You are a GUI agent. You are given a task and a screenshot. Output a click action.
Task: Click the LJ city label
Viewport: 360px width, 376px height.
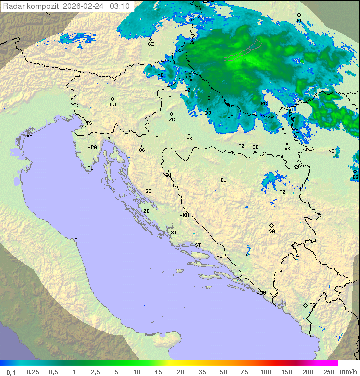click(x=113, y=104)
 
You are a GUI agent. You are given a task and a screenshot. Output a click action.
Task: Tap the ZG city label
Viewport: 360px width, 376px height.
click(x=172, y=120)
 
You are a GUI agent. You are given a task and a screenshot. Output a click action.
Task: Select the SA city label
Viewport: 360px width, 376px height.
click(x=272, y=231)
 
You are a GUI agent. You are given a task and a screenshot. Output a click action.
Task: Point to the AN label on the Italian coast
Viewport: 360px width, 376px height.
click(x=77, y=240)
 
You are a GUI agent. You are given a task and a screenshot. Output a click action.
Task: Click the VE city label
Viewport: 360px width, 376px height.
click(x=29, y=136)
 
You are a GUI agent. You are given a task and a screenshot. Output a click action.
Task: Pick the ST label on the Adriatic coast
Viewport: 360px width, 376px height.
click(x=198, y=245)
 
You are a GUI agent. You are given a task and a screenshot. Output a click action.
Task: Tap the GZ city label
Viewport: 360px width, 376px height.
click(x=151, y=44)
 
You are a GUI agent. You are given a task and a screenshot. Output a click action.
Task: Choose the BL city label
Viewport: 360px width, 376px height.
click(x=223, y=180)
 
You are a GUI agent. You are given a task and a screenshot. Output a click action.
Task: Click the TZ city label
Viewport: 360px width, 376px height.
click(x=283, y=192)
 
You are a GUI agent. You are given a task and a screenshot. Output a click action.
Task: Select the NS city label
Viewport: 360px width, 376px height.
click(x=331, y=151)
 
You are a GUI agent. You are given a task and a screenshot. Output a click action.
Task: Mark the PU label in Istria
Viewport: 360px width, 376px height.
click(x=90, y=168)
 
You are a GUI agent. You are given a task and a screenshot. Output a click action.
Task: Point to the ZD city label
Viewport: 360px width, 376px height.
click(x=146, y=211)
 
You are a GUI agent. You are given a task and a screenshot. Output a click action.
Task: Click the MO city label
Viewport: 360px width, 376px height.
click(x=251, y=254)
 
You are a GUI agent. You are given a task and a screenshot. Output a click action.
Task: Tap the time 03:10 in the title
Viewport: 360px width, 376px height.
click(x=120, y=6)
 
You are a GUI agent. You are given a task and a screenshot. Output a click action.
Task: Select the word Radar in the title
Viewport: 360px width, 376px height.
click(x=13, y=6)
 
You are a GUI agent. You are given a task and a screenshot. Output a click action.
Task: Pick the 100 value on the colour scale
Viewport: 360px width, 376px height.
click(x=265, y=372)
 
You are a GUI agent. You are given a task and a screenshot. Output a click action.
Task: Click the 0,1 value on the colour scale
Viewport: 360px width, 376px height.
click(x=11, y=372)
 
